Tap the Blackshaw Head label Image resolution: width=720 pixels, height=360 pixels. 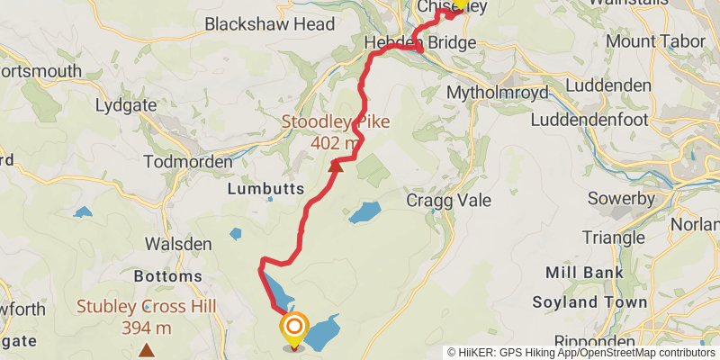coord(257,24)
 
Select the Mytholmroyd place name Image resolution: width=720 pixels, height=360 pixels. coord(491,92)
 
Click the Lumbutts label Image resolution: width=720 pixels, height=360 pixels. coord(265,189)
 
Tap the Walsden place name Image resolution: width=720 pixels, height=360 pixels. coord(178,244)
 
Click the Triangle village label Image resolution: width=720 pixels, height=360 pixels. coord(614,238)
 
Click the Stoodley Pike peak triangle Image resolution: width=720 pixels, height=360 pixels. coord(337,166)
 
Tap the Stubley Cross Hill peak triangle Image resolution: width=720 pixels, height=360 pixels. coord(146,349)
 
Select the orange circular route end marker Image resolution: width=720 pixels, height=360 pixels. coord(294,327)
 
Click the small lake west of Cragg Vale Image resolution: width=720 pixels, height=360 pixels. coord(364,212)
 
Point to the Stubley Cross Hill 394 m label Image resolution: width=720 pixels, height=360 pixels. coord(146,317)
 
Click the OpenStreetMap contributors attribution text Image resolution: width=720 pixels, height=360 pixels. coord(630,353)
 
